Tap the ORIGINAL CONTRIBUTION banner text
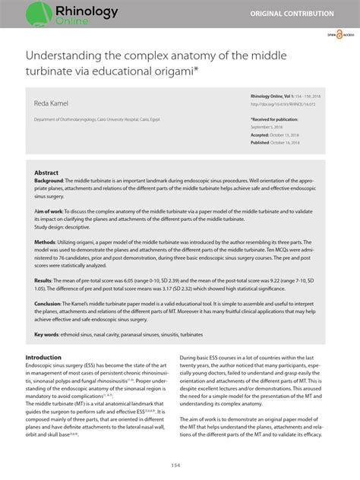coord(303,14)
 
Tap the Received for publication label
coord(276,119)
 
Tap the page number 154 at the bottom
coord(179,466)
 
